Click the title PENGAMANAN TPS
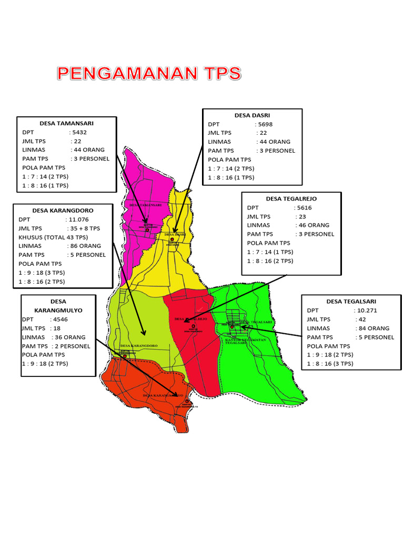click(149, 73)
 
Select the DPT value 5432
click(79, 132)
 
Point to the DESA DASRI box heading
click(252, 115)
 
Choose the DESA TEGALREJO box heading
click(291, 198)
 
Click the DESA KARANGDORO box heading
click(63, 210)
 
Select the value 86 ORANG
click(84, 246)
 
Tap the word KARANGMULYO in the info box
click(59, 310)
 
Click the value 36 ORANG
click(68, 337)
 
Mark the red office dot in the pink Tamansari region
click(147, 229)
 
